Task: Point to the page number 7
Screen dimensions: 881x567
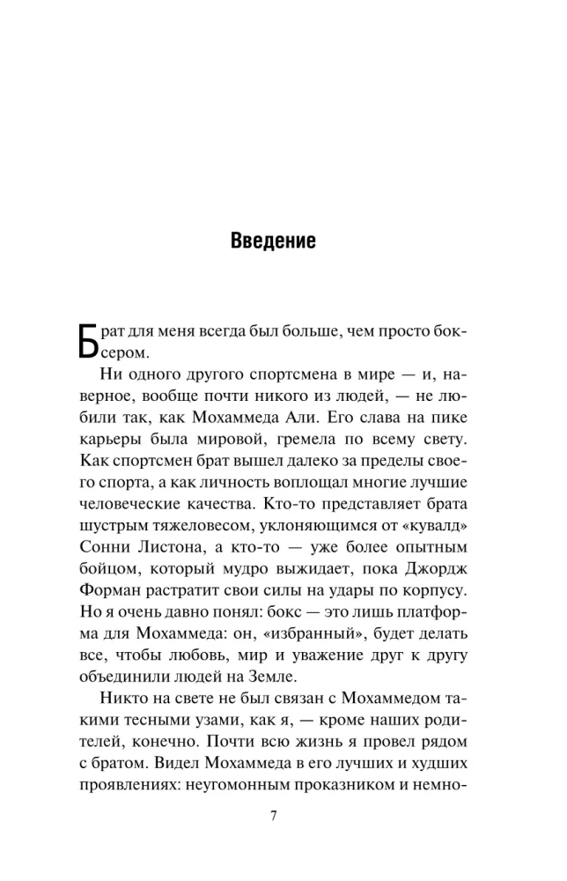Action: click(x=274, y=814)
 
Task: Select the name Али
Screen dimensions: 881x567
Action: click(x=347, y=411)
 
